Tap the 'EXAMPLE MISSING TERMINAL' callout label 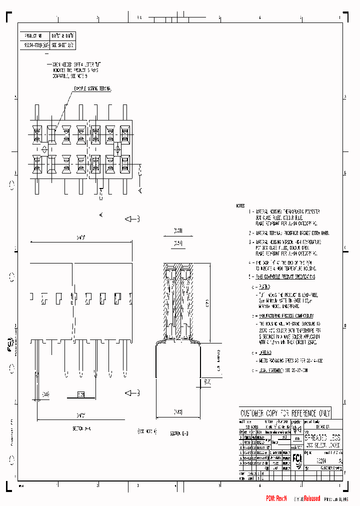[93, 88]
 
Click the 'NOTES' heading [241, 206]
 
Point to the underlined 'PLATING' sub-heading [264, 287]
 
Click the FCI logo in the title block [297, 459]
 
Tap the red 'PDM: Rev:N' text [276, 498]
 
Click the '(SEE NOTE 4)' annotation [147, 430]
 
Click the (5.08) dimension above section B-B [178, 231]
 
